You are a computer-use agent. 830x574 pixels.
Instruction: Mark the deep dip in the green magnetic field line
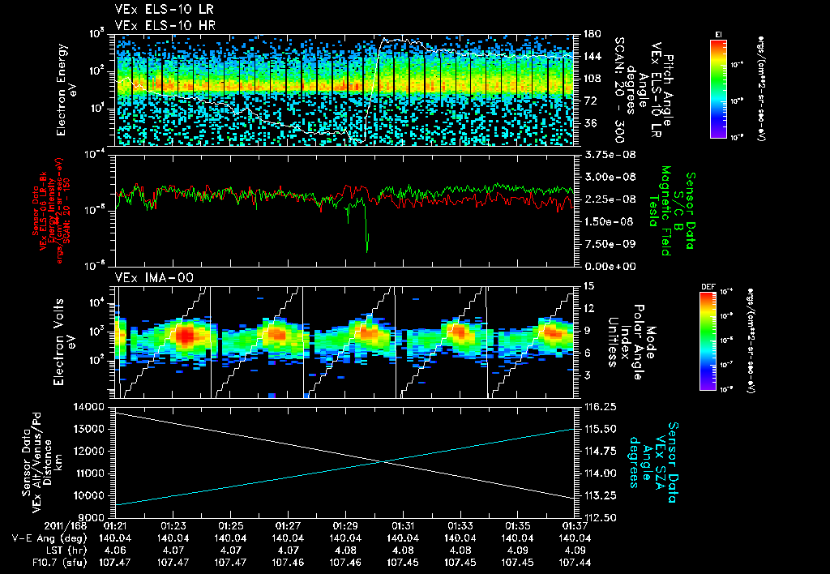pos(366,247)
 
